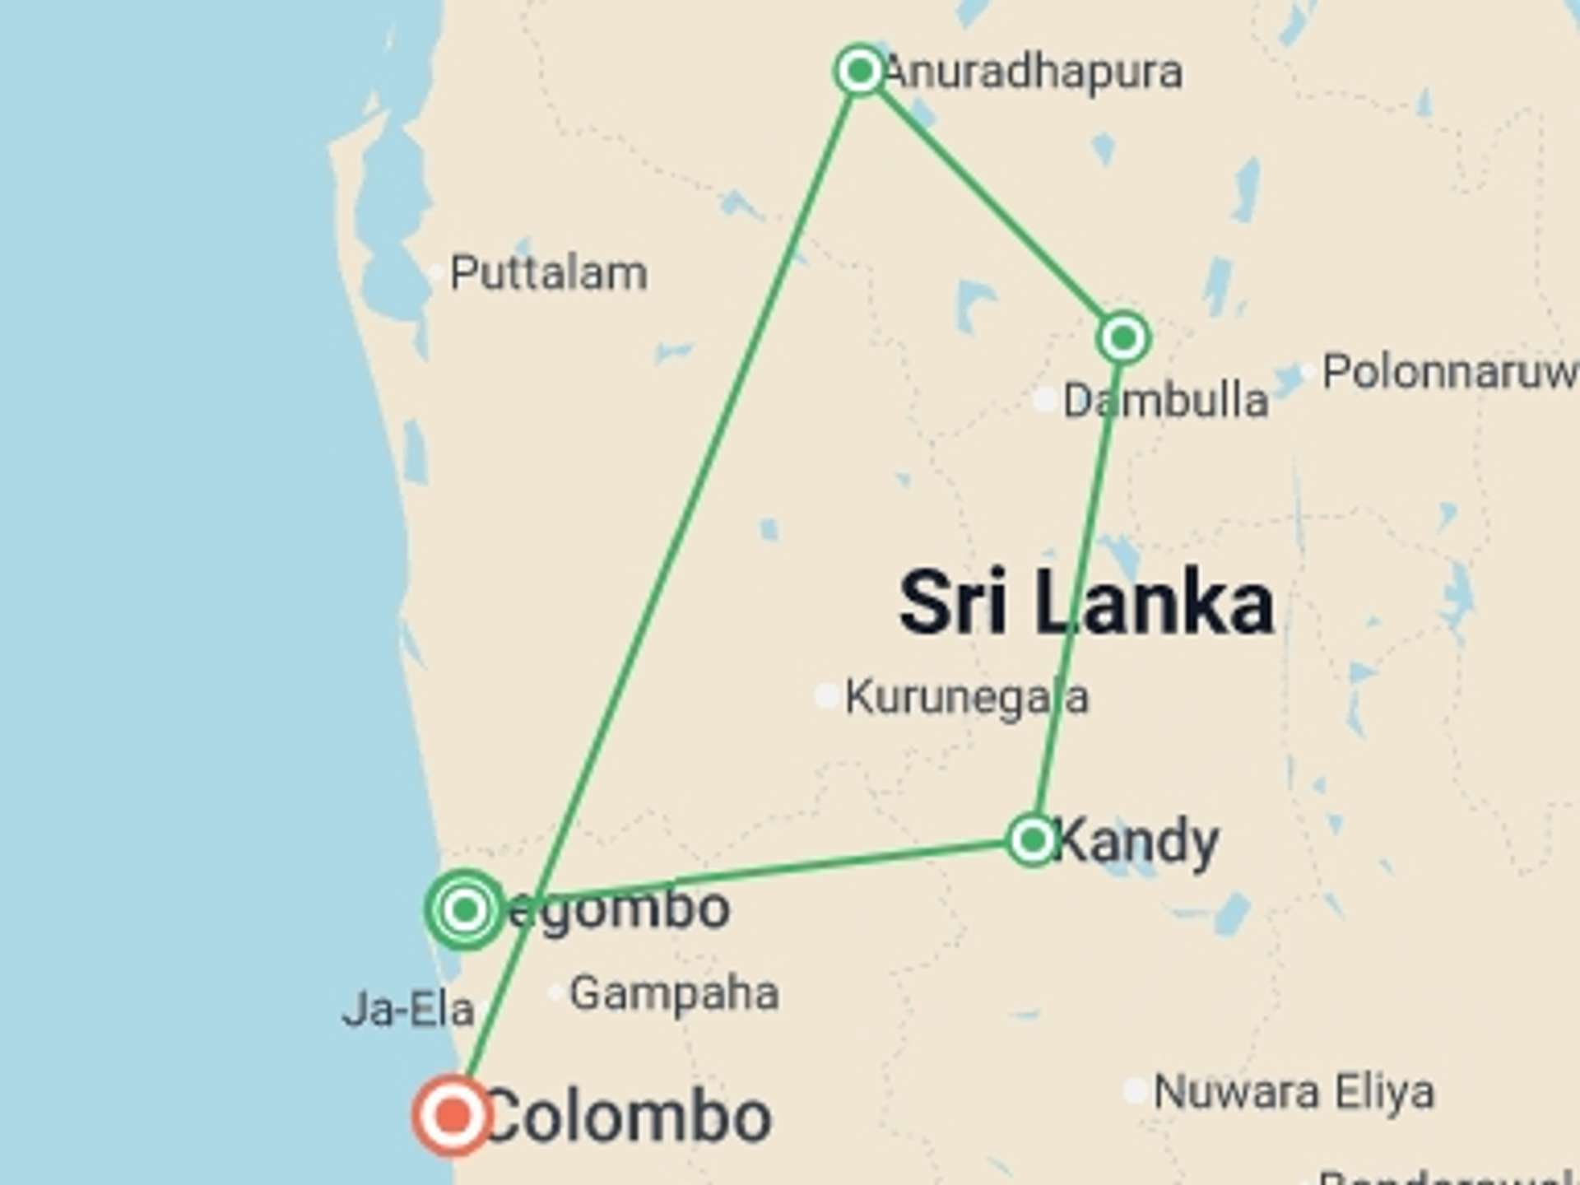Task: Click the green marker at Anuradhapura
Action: [859, 71]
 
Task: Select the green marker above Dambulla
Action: [1123, 337]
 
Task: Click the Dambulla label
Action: [1165, 402]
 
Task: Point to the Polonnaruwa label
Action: [1448, 372]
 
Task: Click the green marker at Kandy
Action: [1032, 840]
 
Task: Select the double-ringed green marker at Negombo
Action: [465, 909]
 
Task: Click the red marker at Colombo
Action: [453, 1116]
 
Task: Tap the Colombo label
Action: [630, 1118]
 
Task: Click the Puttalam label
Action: [548, 273]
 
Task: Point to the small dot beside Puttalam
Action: [435, 273]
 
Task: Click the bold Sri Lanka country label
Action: [1086, 603]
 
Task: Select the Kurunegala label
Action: [967, 698]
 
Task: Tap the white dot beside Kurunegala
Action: [826, 695]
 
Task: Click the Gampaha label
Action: [674, 993]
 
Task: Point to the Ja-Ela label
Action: [408, 1010]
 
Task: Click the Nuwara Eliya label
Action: [1294, 1093]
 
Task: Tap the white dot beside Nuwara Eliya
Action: [1136, 1091]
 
